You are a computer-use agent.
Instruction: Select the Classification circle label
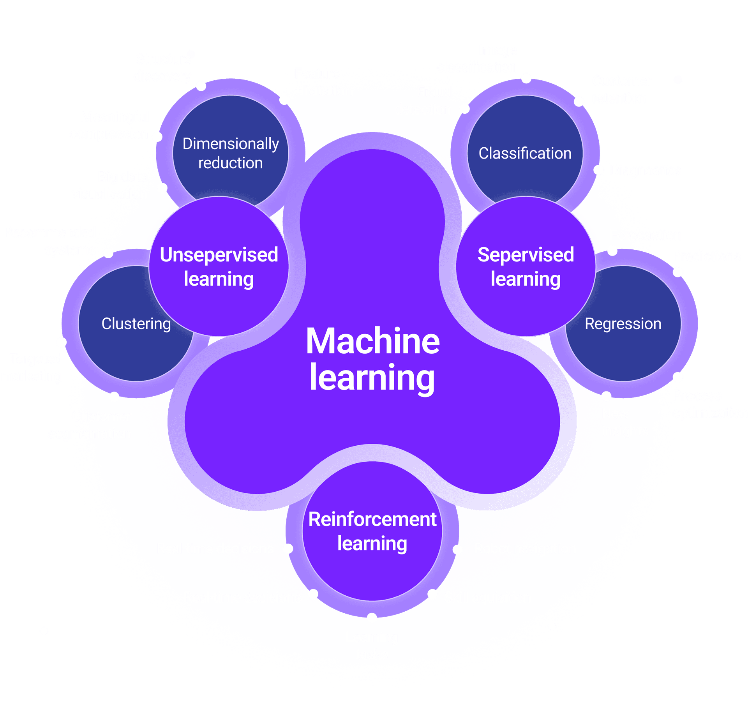coord(525,153)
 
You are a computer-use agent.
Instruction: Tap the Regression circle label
coord(623,324)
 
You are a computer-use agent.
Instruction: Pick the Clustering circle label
coord(136,324)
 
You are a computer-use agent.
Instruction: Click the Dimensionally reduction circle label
coord(231,153)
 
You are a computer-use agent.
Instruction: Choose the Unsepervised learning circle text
coord(219,267)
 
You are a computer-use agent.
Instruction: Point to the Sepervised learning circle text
coord(526,267)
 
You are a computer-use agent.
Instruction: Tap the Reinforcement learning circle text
coord(372,531)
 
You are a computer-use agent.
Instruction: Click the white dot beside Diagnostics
coord(598,170)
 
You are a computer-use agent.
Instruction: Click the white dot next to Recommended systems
coord(108,253)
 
